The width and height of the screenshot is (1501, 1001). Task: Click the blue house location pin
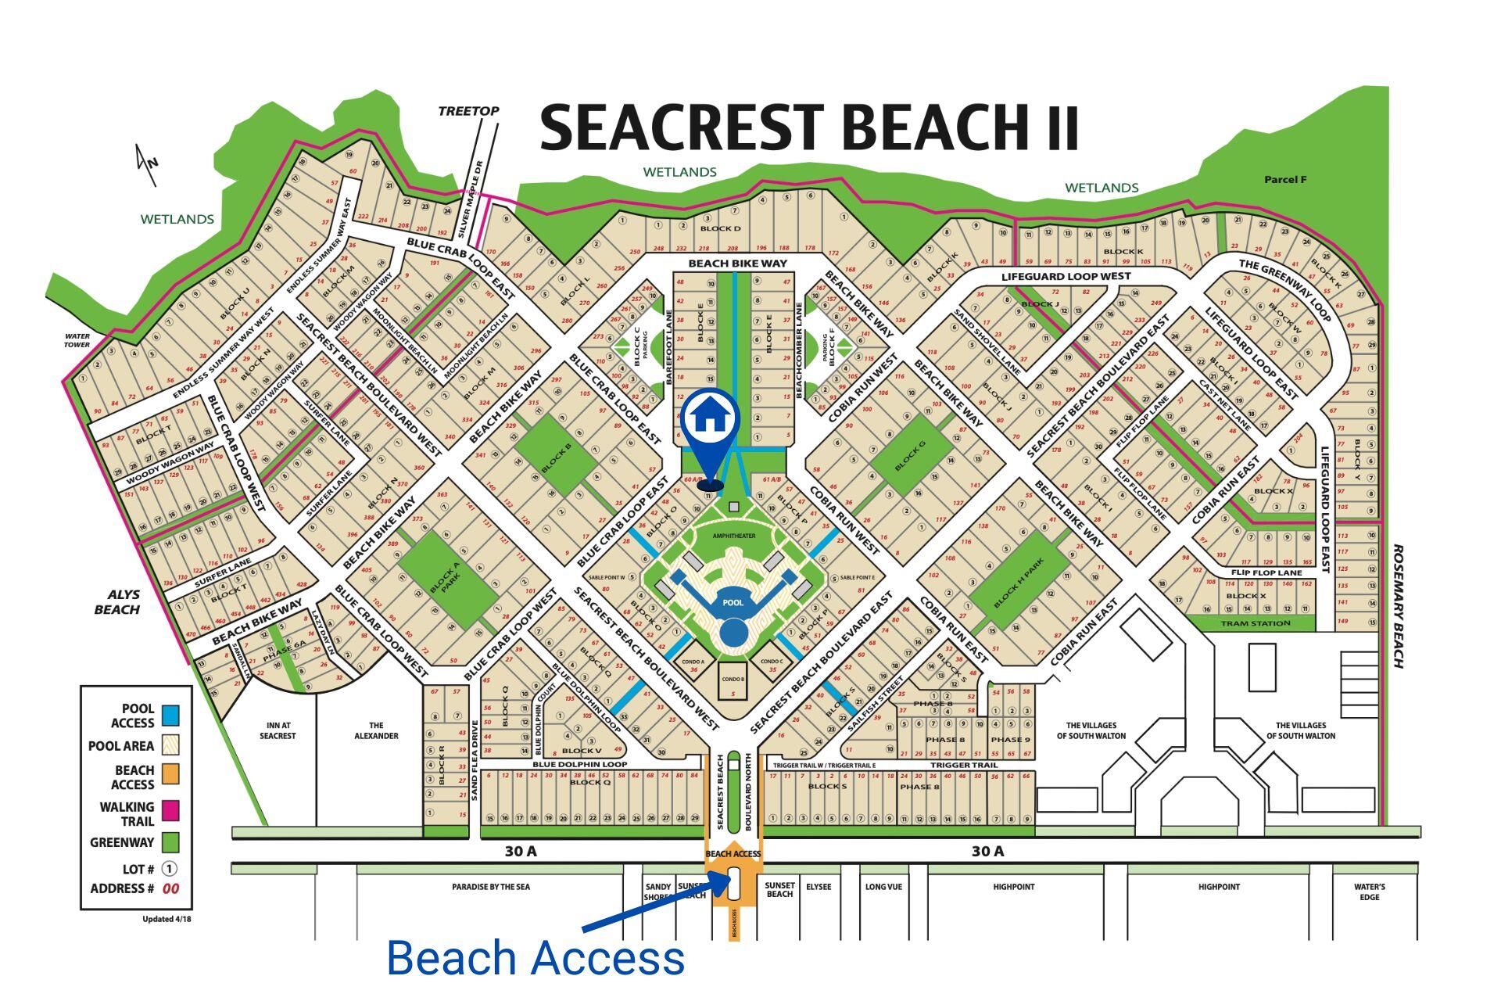[709, 418]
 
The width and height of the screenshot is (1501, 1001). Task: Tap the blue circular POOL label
[733, 603]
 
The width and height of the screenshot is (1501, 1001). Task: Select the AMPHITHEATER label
[734, 536]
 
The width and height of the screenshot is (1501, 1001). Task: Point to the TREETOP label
[468, 111]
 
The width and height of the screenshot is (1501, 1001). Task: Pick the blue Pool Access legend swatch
[170, 715]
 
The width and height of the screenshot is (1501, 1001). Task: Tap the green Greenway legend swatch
[170, 842]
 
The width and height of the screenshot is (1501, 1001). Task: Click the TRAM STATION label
[1256, 623]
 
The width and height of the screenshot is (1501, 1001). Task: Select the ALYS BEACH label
[116, 602]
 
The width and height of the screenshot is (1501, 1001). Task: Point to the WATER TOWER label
[77, 340]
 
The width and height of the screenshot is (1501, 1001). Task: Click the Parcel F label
[1285, 180]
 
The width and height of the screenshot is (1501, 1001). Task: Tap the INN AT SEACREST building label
[278, 731]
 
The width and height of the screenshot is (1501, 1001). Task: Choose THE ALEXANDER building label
[376, 730]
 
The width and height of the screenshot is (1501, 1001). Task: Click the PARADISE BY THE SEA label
[490, 887]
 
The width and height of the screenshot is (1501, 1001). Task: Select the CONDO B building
[733, 680]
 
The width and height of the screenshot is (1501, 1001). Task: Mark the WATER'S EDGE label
[1369, 892]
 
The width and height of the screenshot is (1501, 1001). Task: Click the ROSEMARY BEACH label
[1399, 607]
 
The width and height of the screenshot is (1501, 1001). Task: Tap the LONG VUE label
[883, 887]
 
